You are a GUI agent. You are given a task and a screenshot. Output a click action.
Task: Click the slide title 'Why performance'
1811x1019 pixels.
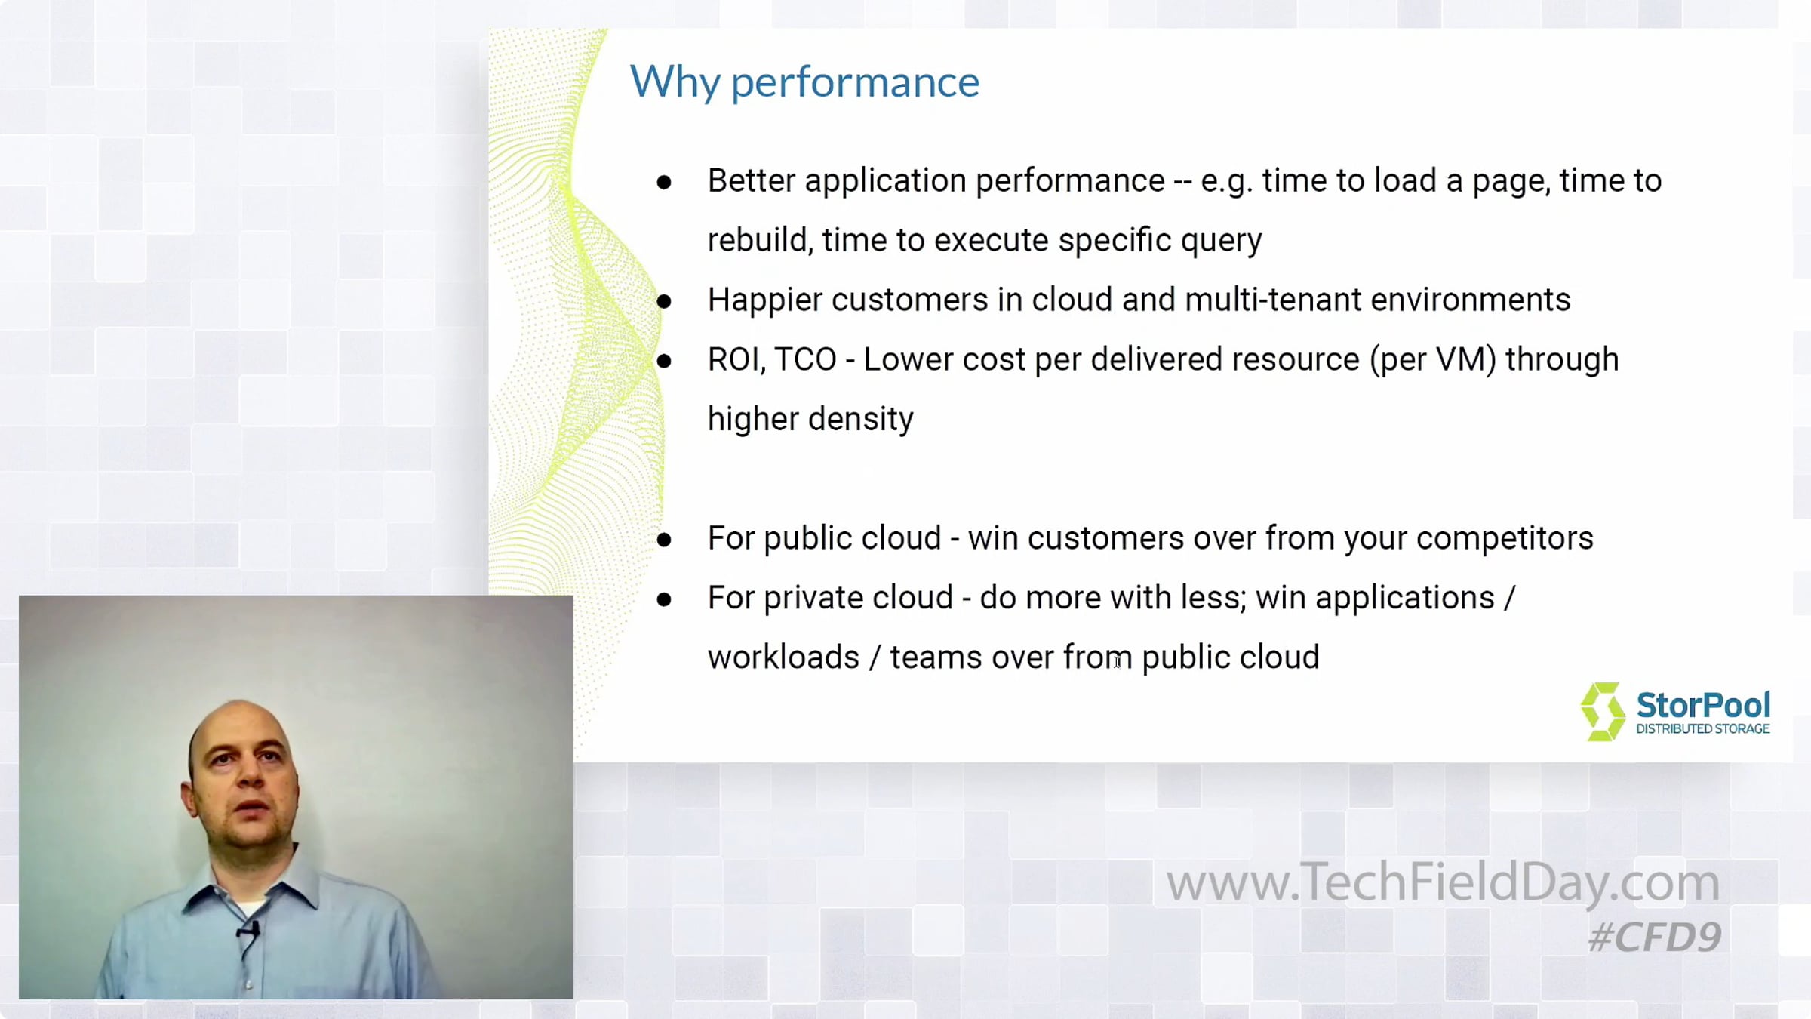pyautogui.click(x=804, y=82)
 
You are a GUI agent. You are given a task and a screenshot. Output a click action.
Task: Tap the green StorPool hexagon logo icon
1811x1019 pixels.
pyautogui.click(x=1603, y=712)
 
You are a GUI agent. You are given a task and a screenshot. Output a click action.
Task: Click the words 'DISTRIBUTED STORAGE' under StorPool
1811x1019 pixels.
pyautogui.click(x=1702, y=729)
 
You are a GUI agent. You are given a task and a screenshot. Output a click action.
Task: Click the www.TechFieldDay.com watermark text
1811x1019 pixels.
pyautogui.click(x=1443, y=882)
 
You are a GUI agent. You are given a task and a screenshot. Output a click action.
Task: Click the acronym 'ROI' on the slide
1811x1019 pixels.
pyautogui.click(x=736, y=360)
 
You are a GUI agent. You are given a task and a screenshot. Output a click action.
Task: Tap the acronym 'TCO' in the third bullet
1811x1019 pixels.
pyautogui.click(x=805, y=360)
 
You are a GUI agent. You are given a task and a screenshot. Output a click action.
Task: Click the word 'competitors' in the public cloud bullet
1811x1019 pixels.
pyautogui.click(x=1505, y=539)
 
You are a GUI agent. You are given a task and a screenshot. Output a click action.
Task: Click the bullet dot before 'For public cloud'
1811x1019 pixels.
pyautogui.click(x=664, y=540)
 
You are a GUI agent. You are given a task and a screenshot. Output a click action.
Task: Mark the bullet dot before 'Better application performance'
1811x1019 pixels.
pyautogui.click(x=664, y=182)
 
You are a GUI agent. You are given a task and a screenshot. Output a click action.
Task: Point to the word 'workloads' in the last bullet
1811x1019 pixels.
pyautogui.click(x=783, y=658)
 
